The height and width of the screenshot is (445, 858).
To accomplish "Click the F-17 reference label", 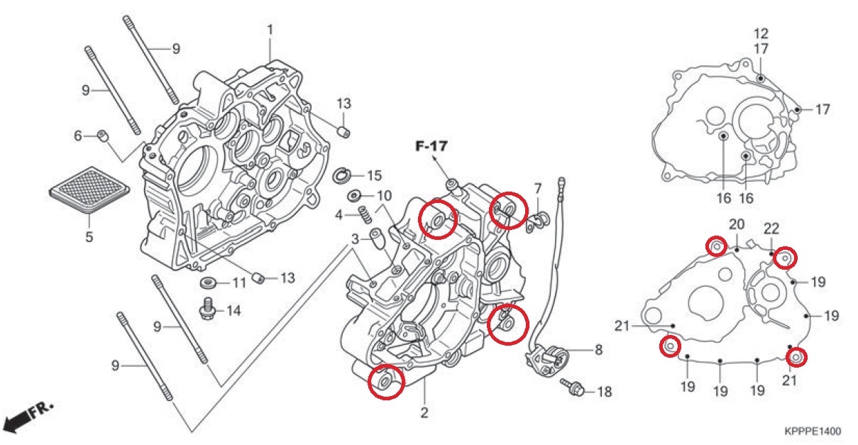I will [x=431, y=148].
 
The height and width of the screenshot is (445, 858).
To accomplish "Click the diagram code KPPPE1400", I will [x=812, y=432].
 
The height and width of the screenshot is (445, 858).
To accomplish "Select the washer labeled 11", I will [x=209, y=283].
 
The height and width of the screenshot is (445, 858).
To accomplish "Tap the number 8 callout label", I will [x=598, y=349].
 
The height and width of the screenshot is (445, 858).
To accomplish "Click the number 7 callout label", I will [x=538, y=189].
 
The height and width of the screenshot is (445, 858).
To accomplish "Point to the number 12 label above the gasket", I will [x=761, y=33].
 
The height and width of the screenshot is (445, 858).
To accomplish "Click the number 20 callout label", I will [x=736, y=225].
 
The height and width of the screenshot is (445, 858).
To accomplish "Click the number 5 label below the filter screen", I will [x=89, y=237].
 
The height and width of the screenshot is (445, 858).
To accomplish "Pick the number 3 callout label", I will [x=355, y=239].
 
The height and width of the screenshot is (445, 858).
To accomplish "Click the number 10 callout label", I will [x=383, y=196].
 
